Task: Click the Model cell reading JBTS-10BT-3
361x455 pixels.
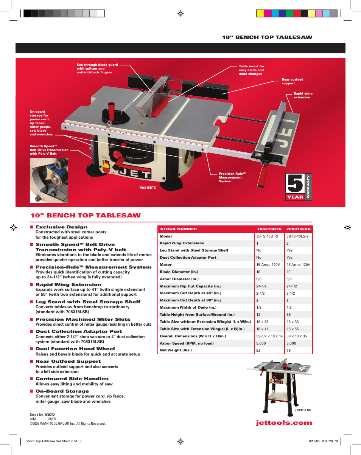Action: pyautogui.click(x=267, y=236)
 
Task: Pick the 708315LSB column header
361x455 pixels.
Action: pyautogui.click(x=298, y=229)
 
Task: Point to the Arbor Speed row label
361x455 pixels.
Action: pyautogui.click(x=181, y=343)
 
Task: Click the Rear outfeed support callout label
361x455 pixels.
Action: pyautogui.click(x=292, y=81)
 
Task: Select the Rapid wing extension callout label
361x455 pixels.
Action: pyautogui.click(x=303, y=95)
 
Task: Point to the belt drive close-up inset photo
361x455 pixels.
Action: pyautogui.click(x=49, y=180)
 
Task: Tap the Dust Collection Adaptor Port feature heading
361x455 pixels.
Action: pyautogui.click(x=79, y=331)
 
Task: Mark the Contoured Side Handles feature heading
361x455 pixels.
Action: pyautogui.click(x=72, y=379)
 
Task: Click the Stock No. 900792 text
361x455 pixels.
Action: pyautogui.click(x=42, y=415)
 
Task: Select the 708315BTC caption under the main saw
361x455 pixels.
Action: pyautogui.click(x=148, y=188)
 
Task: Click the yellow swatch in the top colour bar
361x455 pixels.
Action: pyautogui.click(x=260, y=13)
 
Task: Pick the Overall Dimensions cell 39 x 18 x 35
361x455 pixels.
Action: pyautogui.click(x=297, y=336)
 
